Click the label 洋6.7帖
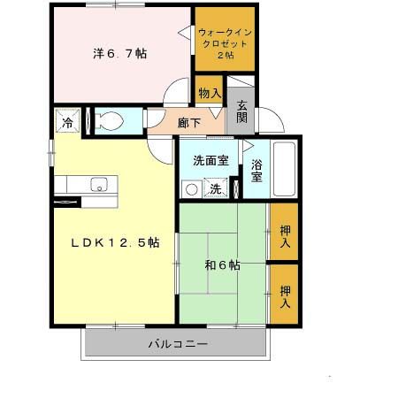(121, 53)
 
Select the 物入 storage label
(210, 92)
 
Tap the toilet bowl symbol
(111, 120)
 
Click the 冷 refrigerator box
(66, 121)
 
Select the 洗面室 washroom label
(210, 160)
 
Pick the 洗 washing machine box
(215, 188)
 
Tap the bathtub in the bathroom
(283, 169)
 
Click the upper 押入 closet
(284, 232)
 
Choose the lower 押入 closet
(284, 294)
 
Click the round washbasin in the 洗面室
(188, 188)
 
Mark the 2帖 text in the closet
(226, 55)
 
